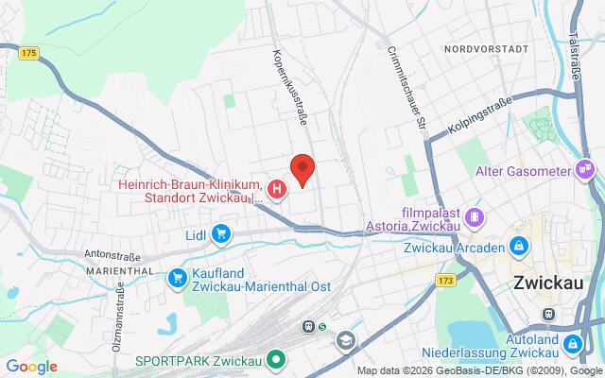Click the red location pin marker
[x=302, y=168]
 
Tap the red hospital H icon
[x=277, y=190]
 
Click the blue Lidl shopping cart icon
[x=221, y=232]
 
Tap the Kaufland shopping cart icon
[x=178, y=277]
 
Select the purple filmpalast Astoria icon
[x=475, y=216]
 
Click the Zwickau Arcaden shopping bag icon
[x=519, y=247]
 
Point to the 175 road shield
[x=27, y=54]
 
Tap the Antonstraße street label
[x=112, y=253]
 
